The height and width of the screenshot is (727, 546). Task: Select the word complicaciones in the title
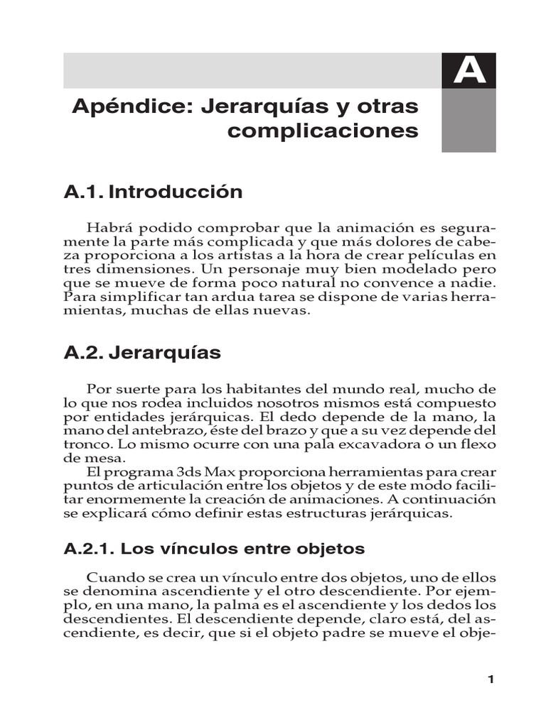click(323, 131)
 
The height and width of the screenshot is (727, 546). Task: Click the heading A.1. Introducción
click(153, 192)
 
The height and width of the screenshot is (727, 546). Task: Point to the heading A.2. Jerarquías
click(142, 353)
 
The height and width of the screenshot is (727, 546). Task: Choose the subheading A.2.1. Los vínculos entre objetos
click(214, 549)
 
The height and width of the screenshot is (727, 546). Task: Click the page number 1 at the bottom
click(490, 679)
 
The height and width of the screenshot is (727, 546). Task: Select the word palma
click(210, 605)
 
